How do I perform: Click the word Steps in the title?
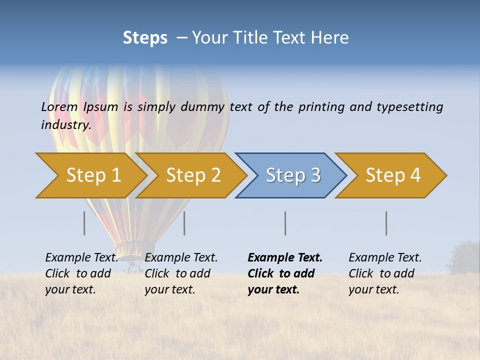pyautogui.click(x=145, y=38)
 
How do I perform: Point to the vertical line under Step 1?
pyautogui.click(x=84, y=223)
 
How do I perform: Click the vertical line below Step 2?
pyautogui.click(x=184, y=223)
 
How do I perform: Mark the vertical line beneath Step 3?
pyautogui.click(x=285, y=223)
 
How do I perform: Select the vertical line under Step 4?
pyautogui.click(x=386, y=223)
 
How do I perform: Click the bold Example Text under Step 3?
pyautogui.click(x=284, y=273)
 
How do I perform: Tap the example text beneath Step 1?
pyautogui.click(x=81, y=273)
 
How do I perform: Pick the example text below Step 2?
pyautogui.click(x=180, y=273)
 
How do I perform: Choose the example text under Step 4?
pyautogui.click(x=384, y=273)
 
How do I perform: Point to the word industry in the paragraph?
pyautogui.click(x=66, y=125)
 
